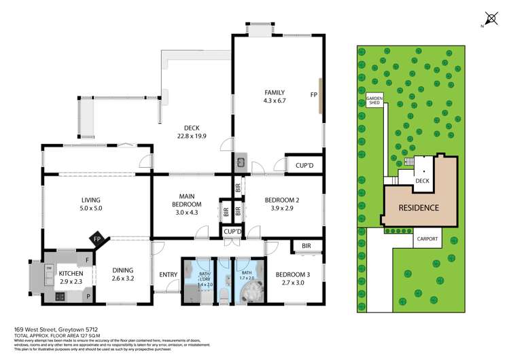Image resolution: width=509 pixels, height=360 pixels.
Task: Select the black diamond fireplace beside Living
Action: point(97,239)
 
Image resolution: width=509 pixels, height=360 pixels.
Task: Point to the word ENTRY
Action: point(167,274)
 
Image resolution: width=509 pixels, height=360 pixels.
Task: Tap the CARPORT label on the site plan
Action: point(427,238)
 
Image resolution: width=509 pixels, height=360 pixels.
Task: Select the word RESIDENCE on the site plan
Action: point(418,208)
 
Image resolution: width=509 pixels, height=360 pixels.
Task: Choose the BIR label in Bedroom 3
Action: point(306,246)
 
